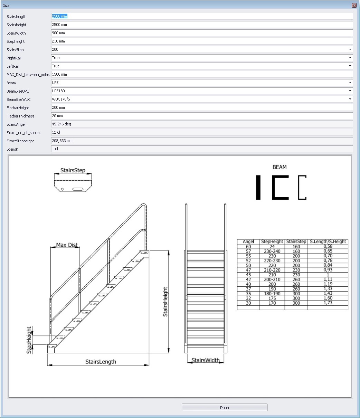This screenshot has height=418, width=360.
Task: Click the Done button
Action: pos(225,408)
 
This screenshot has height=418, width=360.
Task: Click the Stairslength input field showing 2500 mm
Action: pos(202,16)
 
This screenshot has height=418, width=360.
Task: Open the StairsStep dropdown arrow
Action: pos(350,49)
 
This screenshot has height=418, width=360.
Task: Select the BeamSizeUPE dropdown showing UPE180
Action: pos(202,91)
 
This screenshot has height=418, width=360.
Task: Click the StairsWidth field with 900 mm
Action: pos(202,33)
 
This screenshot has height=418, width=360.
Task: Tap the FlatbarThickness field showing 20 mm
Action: pos(202,116)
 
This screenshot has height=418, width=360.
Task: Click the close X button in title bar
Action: pos(354,6)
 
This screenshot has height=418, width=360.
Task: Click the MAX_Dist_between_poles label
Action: pos(28,75)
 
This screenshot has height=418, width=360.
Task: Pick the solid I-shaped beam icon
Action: pos(258,188)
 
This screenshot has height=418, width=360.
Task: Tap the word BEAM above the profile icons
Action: pos(280,167)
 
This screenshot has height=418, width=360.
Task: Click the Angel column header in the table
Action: pos(248,241)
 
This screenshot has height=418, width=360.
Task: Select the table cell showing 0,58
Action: pos(328,246)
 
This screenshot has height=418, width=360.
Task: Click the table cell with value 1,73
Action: pos(328,303)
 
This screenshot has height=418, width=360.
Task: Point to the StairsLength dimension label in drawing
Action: pos(101,362)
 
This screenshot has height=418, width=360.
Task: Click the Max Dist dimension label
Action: pos(67,245)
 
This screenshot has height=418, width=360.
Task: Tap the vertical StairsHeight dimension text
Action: pos(165,302)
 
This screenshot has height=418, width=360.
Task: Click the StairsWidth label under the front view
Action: pos(206,360)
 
